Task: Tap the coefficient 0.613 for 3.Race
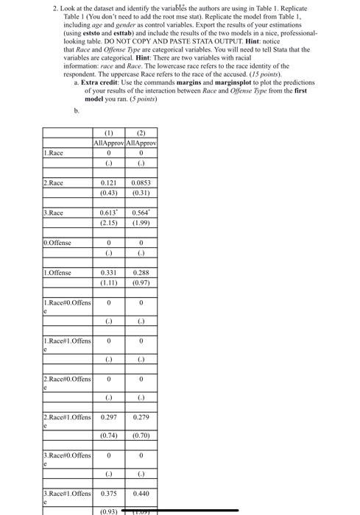109,213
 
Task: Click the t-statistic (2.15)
109,222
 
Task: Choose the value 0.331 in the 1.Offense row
109,272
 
